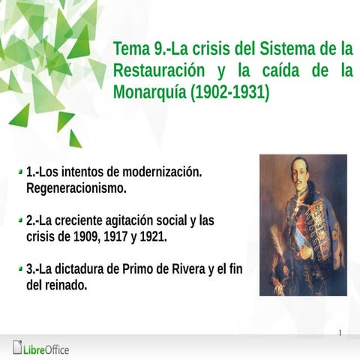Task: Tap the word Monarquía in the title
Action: click(148, 92)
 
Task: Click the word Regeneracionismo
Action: click(76, 187)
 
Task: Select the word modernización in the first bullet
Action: click(160, 172)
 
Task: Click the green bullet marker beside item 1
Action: click(19, 172)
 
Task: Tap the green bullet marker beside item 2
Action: click(19, 221)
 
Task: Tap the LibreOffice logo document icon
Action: click(17, 347)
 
